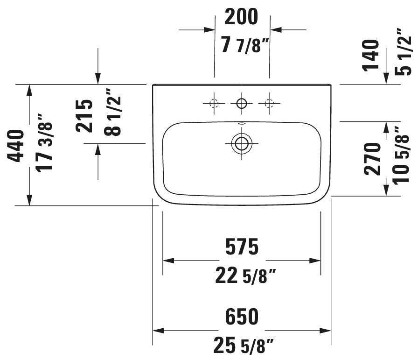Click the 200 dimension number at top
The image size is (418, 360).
click(x=241, y=16)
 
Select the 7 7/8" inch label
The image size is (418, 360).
click(x=244, y=45)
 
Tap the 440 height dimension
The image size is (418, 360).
click(x=15, y=146)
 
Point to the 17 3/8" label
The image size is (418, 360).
click(x=44, y=143)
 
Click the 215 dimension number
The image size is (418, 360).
click(x=84, y=116)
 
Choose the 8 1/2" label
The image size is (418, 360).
click(x=112, y=112)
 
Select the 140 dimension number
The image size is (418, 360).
click(x=370, y=55)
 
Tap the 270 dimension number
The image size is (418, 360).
click(x=372, y=159)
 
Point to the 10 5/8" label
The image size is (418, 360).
click(x=401, y=155)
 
